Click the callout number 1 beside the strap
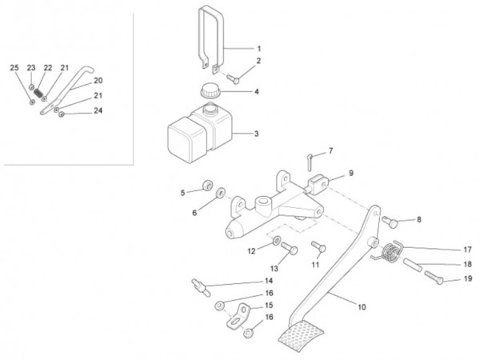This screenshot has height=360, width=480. coord(259,49)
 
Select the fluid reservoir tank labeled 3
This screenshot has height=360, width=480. coord(199,132)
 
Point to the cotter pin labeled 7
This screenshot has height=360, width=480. coord(310,162)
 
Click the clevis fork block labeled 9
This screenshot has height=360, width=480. coord(318,184)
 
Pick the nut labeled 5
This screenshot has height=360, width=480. coord(207,185)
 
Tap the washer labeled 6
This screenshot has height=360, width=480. coord(221,193)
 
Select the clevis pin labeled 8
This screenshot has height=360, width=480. coord(390,222)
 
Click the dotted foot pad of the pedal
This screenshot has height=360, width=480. coord(302,336)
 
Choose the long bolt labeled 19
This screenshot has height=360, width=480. coord(434,278)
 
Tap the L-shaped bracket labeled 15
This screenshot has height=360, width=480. coord(238,316)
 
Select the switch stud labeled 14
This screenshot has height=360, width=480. coord(201,287)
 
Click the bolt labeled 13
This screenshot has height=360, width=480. coord(290,248)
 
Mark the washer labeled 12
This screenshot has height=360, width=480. coord(276,240)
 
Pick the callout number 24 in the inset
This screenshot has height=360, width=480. coord(98,110)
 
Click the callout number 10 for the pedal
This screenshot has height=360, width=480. coord(362,306)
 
